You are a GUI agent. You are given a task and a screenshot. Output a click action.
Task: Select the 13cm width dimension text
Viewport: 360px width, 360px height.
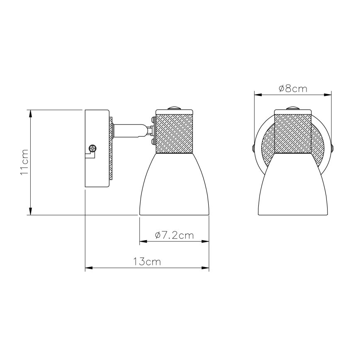(x=147, y=262)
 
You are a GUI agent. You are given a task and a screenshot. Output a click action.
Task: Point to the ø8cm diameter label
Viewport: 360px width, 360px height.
(x=293, y=88)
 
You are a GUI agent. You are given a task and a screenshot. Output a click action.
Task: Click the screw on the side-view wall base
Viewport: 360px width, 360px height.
(x=93, y=147)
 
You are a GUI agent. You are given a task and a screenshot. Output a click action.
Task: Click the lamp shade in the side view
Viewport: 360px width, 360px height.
(x=174, y=187)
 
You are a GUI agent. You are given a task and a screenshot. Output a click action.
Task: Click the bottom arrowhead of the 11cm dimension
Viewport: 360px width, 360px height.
(x=30, y=212)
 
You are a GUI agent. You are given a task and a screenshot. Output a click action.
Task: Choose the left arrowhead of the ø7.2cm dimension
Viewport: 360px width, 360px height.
(x=142, y=241)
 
